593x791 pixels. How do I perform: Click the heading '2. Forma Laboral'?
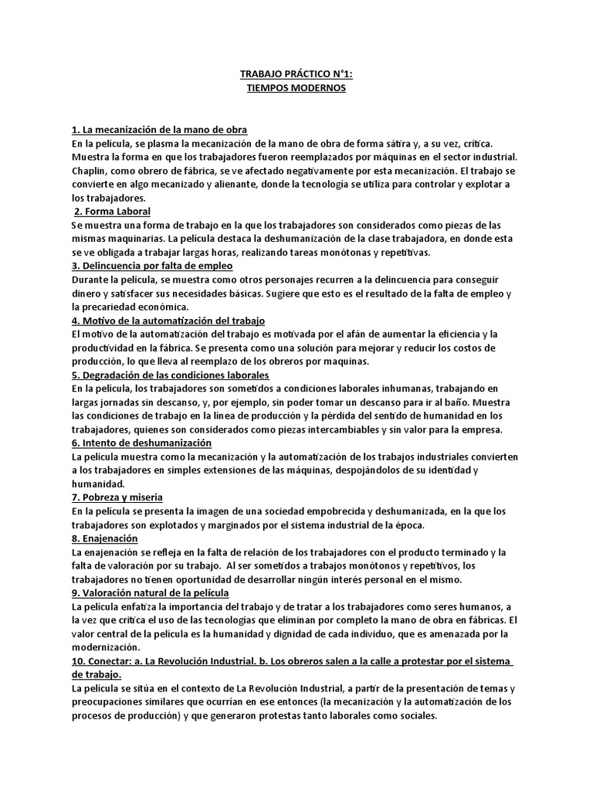click(112, 211)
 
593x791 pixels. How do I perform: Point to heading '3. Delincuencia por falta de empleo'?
click(152, 266)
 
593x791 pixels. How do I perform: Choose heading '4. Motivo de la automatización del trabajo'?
click(168, 320)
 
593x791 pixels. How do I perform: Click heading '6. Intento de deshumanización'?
click(141, 443)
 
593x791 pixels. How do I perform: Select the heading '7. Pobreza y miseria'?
click(117, 497)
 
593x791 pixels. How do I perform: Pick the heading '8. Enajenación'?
click(104, 538)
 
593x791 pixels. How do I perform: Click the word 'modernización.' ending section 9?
click(106, 647)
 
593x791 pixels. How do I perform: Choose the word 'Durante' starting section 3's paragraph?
click(91, 280)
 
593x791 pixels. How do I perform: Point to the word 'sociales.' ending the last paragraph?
click(415, 715)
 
